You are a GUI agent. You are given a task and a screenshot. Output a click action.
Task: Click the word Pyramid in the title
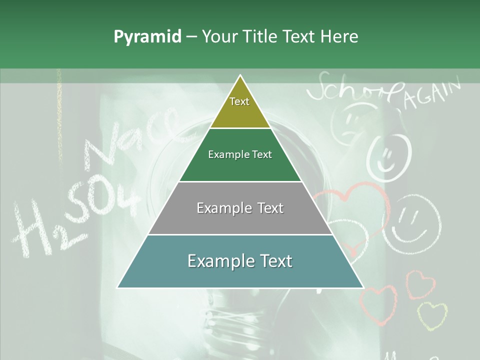147,37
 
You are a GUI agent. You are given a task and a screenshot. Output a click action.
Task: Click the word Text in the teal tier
275,261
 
